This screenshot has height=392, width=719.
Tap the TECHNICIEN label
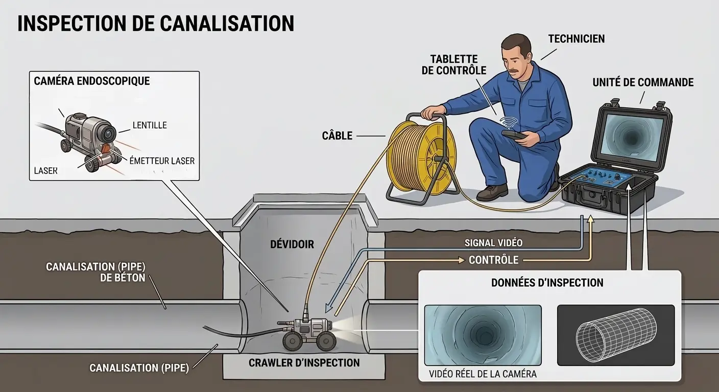576,39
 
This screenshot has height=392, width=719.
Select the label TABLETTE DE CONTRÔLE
454,65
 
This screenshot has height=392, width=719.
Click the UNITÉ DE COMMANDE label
643,82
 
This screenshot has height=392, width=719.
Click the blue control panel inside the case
598,178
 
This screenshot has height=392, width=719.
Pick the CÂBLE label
337,136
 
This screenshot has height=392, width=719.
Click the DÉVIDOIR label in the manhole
292,244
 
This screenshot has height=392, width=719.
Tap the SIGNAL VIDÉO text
493,243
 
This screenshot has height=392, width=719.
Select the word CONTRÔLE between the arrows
493,260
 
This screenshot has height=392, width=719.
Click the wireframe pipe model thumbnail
615,335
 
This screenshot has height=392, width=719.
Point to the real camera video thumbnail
483,335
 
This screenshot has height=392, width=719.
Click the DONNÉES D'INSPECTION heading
547,283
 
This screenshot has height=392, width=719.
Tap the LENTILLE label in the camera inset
150,125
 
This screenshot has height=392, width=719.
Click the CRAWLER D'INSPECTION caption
304,363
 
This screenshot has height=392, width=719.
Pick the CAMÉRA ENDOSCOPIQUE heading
91,81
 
